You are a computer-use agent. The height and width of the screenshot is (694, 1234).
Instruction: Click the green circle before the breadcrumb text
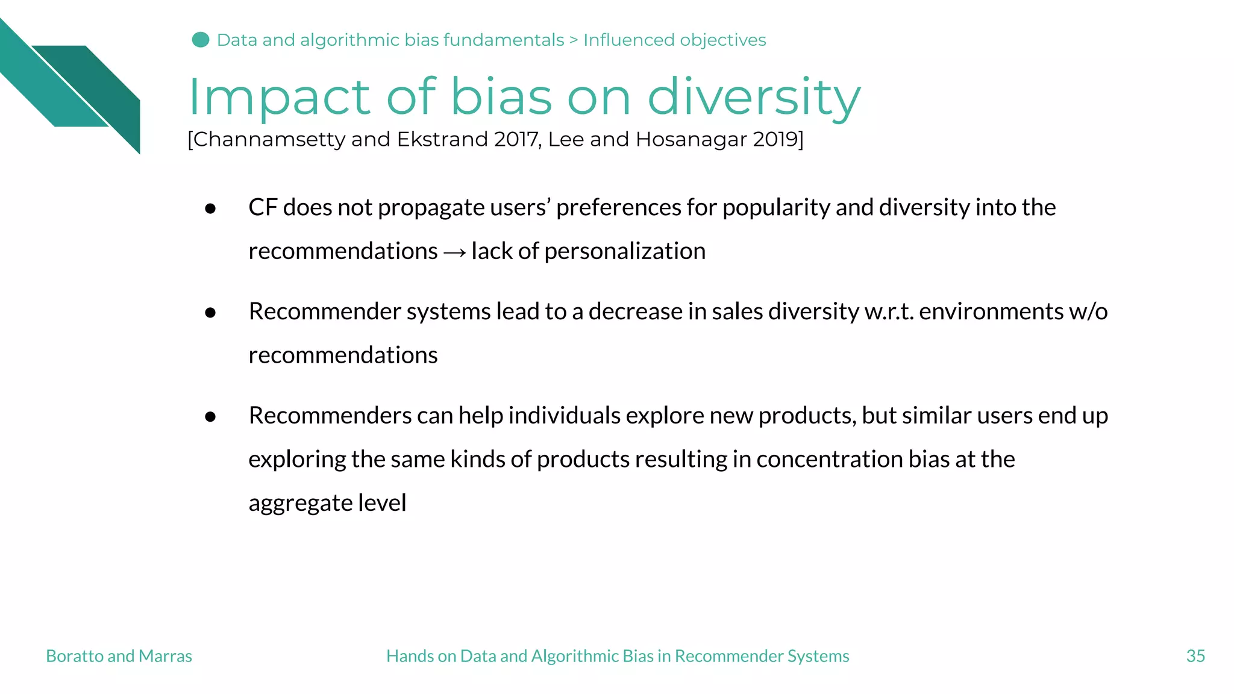click(201, 40)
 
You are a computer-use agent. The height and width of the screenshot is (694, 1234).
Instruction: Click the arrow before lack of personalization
click(454, 252)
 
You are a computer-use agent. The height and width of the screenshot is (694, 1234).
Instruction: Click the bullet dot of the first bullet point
click(210, 208)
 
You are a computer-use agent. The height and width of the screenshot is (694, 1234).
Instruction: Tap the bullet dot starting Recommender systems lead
click(210, 313)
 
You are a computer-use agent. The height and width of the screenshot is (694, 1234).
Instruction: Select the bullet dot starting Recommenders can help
click(210, 417)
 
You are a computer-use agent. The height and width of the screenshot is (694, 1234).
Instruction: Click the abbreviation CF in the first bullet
click(263, 207)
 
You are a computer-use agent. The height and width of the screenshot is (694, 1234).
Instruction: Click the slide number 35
click(1195, 656)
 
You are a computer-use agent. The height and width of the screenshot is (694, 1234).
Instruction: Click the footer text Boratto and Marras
click(119, 656)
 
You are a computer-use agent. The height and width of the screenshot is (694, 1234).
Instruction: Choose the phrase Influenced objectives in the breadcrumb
click(674, 40)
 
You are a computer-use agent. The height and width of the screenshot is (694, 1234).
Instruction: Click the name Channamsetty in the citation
click(269, 139)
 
